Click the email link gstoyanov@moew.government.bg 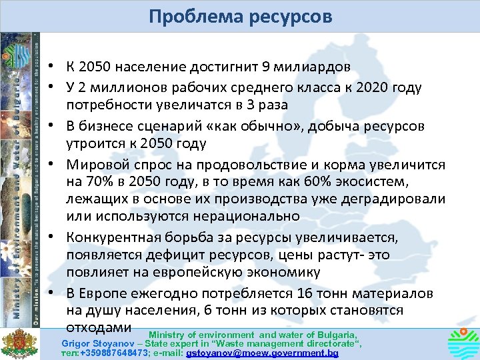pos(263,353)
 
